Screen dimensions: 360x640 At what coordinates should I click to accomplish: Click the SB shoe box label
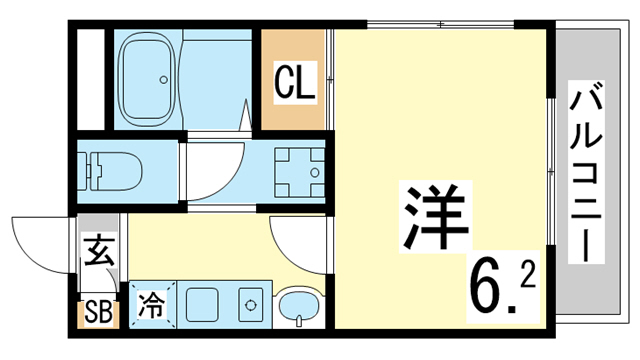98,313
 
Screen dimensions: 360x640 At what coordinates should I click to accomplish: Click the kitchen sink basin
205,303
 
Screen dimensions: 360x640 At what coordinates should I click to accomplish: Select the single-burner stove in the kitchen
249,303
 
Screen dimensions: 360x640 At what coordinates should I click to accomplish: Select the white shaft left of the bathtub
91,80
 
